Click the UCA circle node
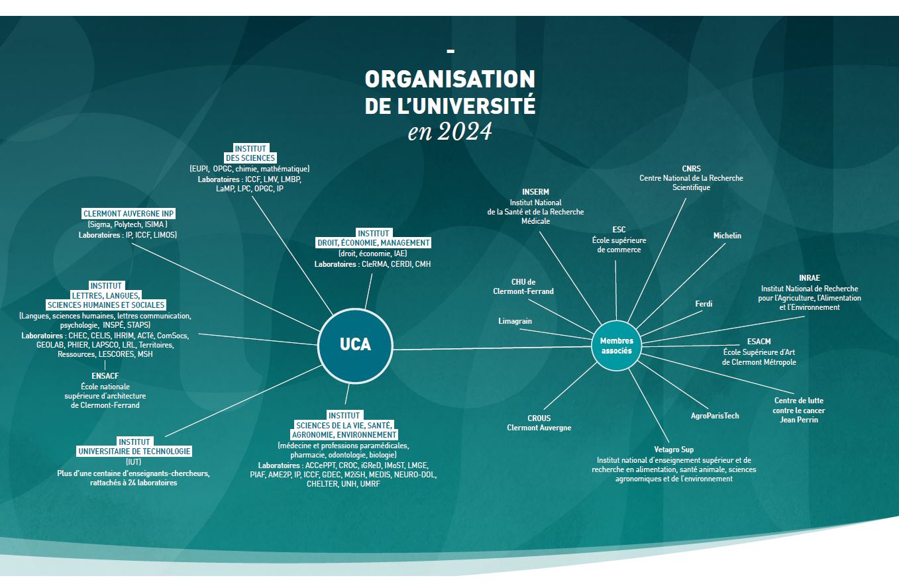[355, 345]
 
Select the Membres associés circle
[616, 346]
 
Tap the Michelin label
[727, 236]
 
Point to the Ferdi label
[704, 304]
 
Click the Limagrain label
[515, 321]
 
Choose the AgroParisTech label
[714, 416]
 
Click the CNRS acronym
[691, 169]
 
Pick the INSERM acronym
[535, 192]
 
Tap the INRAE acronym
[809, 279]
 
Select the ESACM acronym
[759, 342]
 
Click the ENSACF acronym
[105, 376]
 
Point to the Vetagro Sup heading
[674, 450]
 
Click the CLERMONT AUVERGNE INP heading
[129, 214]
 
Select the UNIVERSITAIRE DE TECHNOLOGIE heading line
[134, 452]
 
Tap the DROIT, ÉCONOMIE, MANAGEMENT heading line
[374, 243]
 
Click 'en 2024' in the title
[450, 132]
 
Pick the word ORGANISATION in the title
[450, 79]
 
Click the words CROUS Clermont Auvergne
[539, 423]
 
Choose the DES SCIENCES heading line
[249, 158]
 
